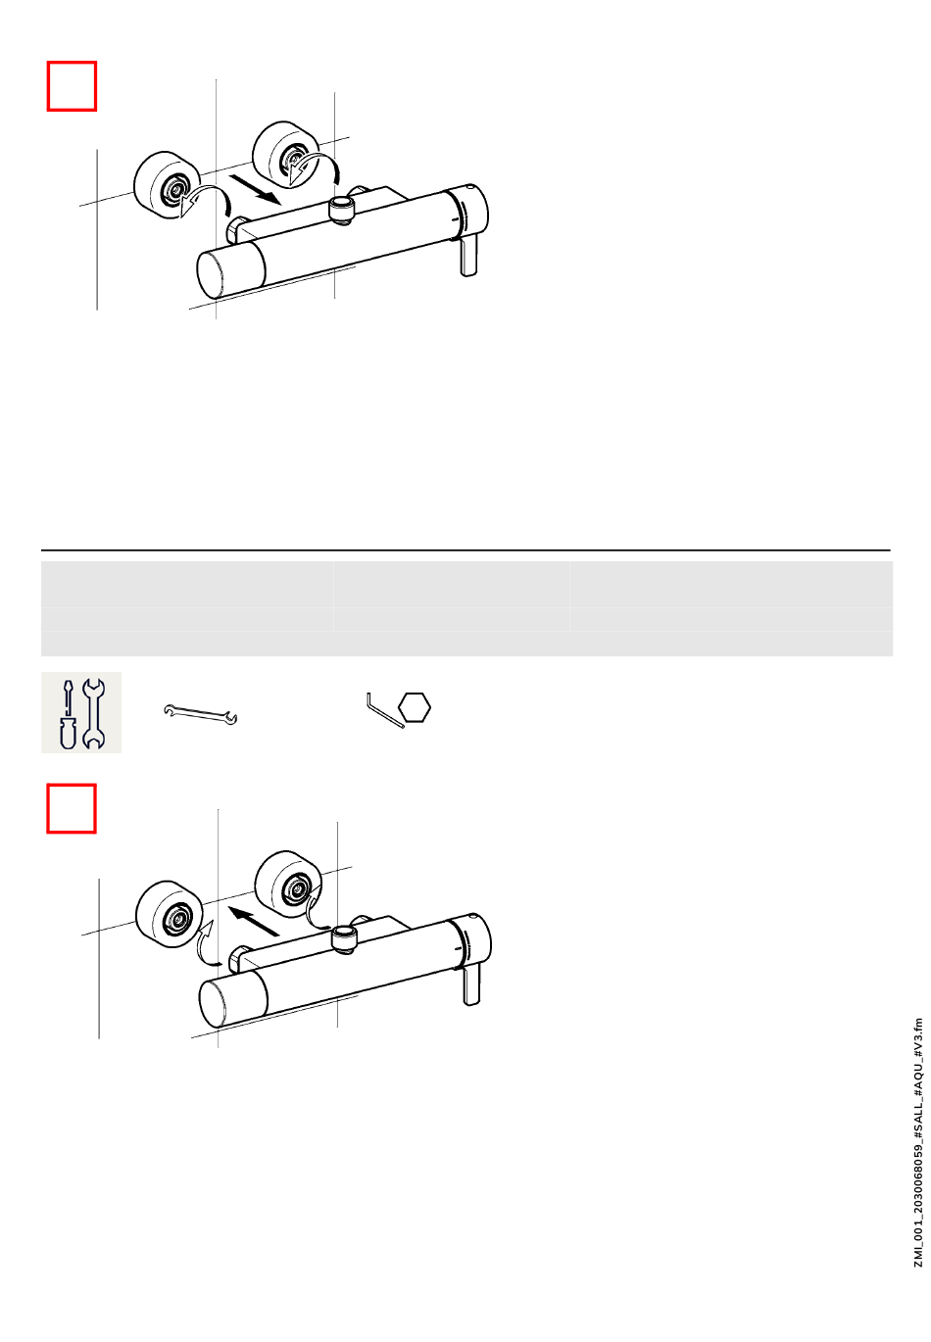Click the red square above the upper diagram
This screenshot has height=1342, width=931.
point(72,85)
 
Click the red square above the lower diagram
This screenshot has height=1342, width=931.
point(72,808)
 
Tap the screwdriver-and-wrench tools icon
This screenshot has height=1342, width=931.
point(81,712)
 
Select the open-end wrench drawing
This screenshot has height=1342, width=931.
point(200,713)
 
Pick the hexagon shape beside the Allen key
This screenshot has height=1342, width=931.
point(415,707)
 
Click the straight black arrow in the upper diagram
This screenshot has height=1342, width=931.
point(256,189)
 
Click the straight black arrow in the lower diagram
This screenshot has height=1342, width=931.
point(254,920)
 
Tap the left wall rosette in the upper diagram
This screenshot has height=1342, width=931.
point(166,184)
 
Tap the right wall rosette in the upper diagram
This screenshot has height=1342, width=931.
point(286,155)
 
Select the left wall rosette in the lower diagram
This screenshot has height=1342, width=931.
point(170,914)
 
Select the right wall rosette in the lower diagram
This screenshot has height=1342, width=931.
point(288,884)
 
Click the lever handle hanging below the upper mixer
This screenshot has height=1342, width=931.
point(468,256)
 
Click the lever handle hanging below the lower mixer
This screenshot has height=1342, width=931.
point(471,984)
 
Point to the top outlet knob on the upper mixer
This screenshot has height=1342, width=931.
point(342,212)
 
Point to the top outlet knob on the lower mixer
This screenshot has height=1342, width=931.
point(344,939)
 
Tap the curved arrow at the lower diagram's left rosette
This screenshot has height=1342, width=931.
point(207,946)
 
